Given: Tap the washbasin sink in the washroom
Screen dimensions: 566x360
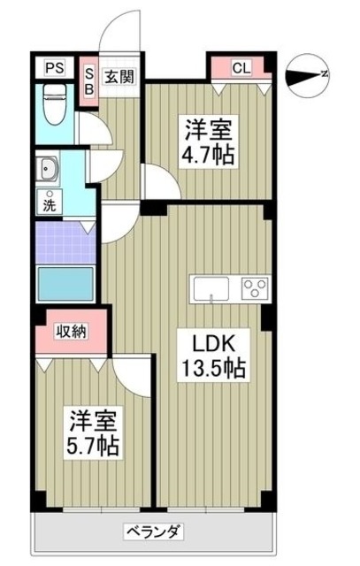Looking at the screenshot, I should click(x=47, y=168).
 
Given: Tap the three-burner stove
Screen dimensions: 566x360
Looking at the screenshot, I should click(x=255, y=287).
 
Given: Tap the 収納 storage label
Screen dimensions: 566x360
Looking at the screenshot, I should click(x=73, y=332).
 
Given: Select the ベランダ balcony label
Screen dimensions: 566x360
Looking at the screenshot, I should click(x=152, y=532).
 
